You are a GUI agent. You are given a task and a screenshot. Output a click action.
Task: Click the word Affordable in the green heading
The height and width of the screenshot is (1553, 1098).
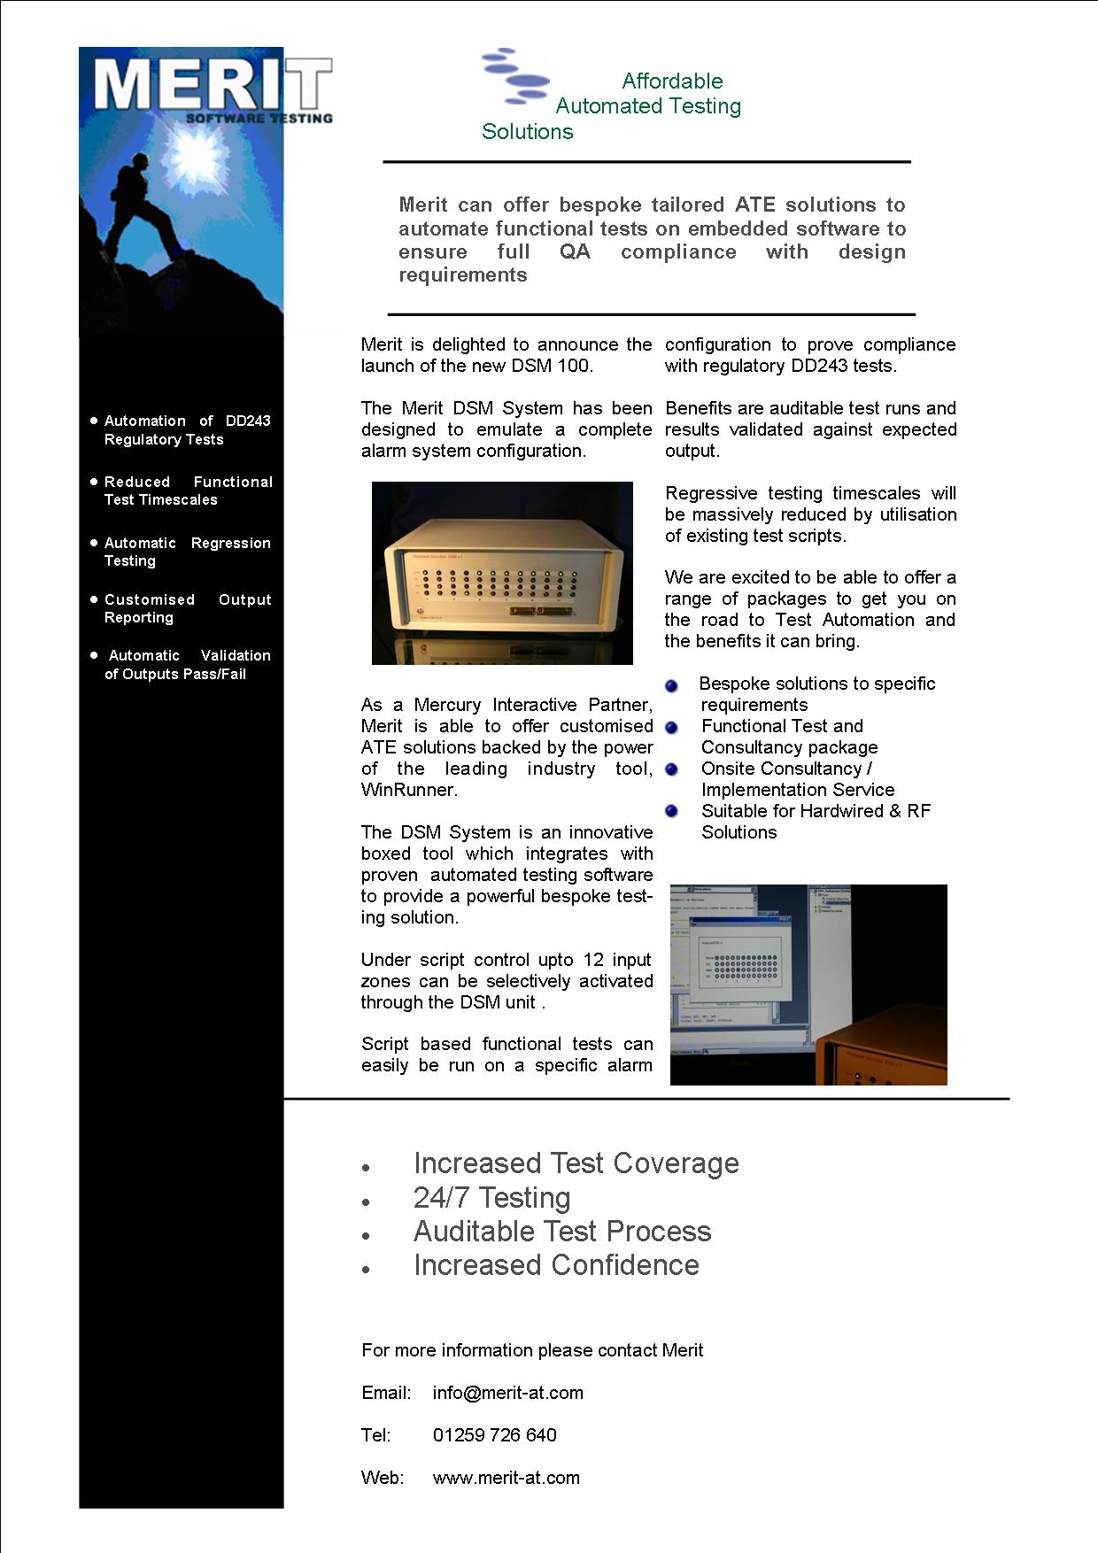pyautogui.click(x=672, y=81)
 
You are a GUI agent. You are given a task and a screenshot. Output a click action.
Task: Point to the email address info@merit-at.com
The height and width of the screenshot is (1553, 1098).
pyautogui.click(x=507, y=1393)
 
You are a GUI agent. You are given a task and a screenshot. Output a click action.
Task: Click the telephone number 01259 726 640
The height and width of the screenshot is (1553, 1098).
pyautogui.click(x=494, y=1435)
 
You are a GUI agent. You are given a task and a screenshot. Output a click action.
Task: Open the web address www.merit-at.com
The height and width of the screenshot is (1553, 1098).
pyautogui.click(x=506, y=1478)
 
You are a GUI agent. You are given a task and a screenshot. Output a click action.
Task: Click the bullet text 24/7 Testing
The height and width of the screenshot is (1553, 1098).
pyautogui.click(x=491, y=1198)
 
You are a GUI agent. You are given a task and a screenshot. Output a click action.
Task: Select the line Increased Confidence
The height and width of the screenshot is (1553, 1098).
pyautogui.click(x=556, y=1265)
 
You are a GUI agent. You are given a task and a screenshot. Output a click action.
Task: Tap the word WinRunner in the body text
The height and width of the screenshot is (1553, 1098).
pyautogui.click(x=408, y=790)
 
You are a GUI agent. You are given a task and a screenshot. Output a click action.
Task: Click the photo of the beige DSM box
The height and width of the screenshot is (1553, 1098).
pyautogui.click(x=502, y=573)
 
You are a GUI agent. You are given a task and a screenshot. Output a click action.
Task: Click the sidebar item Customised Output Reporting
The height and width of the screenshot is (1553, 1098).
pyautogui.click(x=187, y=608)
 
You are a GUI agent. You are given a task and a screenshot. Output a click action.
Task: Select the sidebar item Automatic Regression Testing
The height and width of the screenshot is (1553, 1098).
pyautogui.click(x=187, y=552)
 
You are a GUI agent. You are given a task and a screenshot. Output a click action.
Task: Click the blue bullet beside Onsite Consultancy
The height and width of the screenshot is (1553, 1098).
pyautogui.click(x=671, y=769)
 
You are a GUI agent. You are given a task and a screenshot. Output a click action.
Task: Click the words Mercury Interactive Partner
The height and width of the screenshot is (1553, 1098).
pyautogui.click(x=532, y=705)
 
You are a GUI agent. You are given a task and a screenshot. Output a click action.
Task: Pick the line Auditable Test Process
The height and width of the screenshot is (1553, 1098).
pyautogui.click(x=561, y=1232)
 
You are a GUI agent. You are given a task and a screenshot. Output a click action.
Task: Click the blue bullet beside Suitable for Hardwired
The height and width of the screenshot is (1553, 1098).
pyautogui.click(x=671, y=811)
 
